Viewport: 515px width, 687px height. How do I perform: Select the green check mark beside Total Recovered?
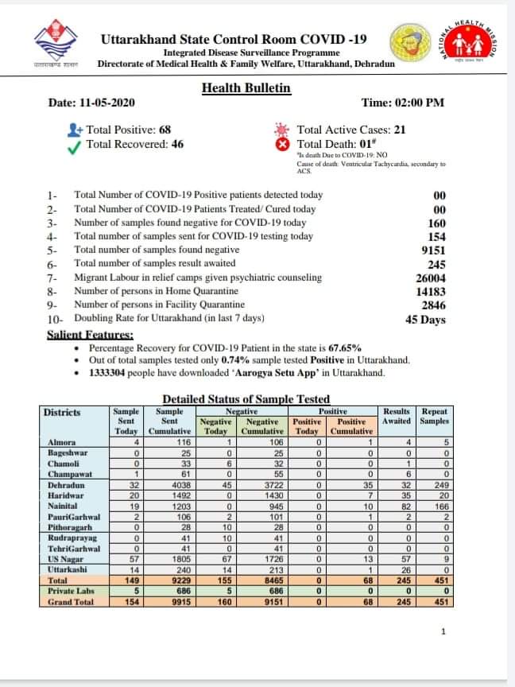(75, 145)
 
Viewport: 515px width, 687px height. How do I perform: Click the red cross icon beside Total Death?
(280, 145)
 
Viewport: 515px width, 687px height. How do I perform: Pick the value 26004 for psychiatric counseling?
(430, 278)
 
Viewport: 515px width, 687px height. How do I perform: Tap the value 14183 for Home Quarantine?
(430, 291)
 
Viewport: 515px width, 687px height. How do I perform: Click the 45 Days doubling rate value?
(426, 320)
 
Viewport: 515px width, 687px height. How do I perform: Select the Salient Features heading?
(90, 336)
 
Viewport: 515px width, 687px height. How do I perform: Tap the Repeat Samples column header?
(435, 416)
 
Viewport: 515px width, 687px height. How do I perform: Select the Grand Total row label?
(70, 601)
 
